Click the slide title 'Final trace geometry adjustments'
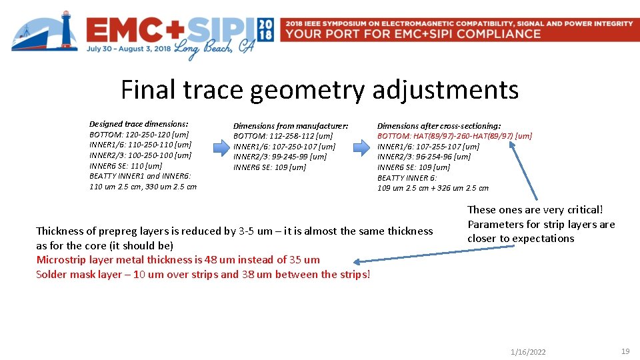pos(319,89)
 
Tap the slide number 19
pos(625,351)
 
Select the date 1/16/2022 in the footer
pos(527,352)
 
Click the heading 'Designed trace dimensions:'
pos(139,124)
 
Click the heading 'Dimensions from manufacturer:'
pos(290,125)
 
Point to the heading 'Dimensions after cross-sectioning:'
pos(439,125)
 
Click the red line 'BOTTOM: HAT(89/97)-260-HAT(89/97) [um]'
pos(454,136)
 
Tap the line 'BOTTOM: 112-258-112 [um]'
pos(283,136)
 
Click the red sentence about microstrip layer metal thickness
pos(177,260)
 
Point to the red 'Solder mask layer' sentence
pos(203,275)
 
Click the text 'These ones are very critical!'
pos(535,210)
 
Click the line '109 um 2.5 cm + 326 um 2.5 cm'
pos(433,188)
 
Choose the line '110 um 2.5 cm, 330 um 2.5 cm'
pos(143,187)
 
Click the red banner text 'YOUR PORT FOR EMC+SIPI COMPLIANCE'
pos(413,33)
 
